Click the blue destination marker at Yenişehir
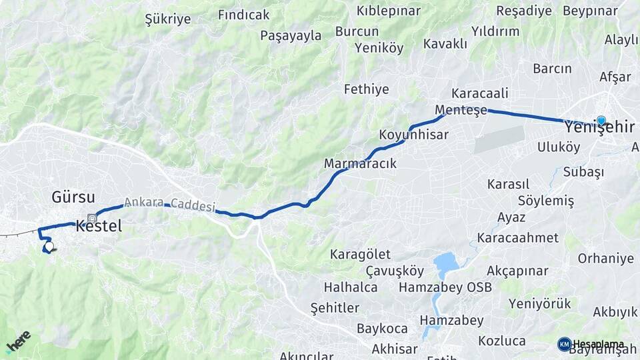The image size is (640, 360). pyautogui.click(x=601, y=120)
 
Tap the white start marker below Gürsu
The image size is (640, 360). pyautogui.click(x=48, y=247)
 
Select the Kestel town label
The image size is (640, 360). pyautogui.click(x=99, y=225)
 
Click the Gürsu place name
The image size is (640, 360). pyautogui.click(x=73, y=197)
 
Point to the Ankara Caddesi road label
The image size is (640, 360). pyautogui.click(x=169, y=204)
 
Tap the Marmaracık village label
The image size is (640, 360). pyautogui.click(x=360, y=163)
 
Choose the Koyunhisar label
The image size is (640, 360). pyautogui.click(x=413, y=135)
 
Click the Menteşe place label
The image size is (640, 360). pyautogui.click(x=461, y=110)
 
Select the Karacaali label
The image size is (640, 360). pyautogui.click(x=480, y=93)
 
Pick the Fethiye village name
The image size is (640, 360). pyautogui.click(x=366, y=89)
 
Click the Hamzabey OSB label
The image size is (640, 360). pyautogui.click(x=445, y=287)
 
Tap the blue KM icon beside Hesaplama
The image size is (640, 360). pyautogui.click(x=564, y=344)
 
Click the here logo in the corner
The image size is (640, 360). pyautogui.click(x=18, y=341)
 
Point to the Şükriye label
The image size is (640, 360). pyautogui.click(x=168, y=19)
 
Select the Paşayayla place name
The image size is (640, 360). pyautogui.click(x=291, y=35)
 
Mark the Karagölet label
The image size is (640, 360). pyautogui.click(x=361, y=255)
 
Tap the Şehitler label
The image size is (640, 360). pyautogui.click(x=335, y=307)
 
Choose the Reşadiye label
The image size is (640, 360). pyautogui.click(x=524, y=11)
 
